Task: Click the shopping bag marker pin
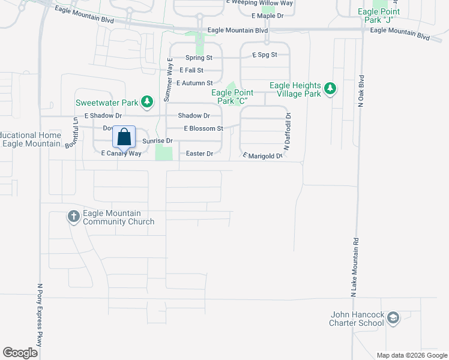[x=124, y=137]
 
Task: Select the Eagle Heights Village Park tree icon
[x=329, y=89]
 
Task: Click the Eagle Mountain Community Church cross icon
[x=74, y=217]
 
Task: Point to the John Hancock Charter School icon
[x=393, y=318]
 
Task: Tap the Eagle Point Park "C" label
[x=232, y=97]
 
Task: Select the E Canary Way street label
[x=121, y=154]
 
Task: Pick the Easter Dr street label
[x=200, y=154]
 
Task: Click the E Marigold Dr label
[x=262, y=156]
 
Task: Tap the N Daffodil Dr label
[x=287, y=131]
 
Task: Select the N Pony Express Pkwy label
[x=40, y=314]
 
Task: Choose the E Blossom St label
[x=203, y=128]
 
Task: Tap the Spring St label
[x=199, y=58]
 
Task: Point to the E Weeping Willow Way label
[x=259, y=3]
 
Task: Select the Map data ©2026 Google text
[x=411, y=355]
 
